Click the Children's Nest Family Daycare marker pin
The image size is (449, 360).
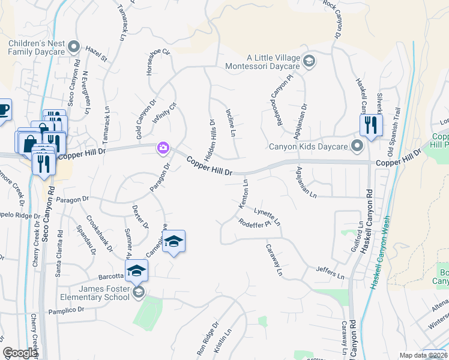click(x=74, y=46)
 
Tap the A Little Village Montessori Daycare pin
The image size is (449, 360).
click(x=309, y=60)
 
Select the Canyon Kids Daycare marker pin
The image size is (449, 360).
click(x=358, y=146)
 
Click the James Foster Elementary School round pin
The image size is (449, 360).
click(x=138, y=292)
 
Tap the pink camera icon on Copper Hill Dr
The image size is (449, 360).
click(x=163, y=147)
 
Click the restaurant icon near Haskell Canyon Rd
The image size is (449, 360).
click(x=370, y=125)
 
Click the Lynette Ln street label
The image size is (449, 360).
click(x=267, y=217)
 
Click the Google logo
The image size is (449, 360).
click(x=20, y=353)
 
